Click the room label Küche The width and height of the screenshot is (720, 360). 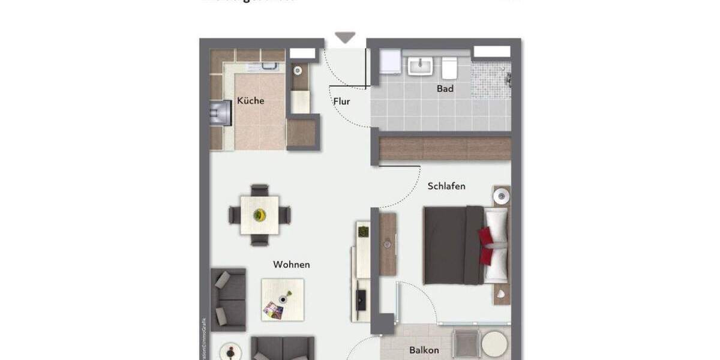250,101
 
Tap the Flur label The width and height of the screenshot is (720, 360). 341,102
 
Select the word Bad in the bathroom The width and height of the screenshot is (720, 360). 445,89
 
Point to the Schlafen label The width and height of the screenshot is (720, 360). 446,186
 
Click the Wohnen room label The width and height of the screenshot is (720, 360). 291,264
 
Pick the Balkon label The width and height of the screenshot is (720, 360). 424,350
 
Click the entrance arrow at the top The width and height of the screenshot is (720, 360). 345,38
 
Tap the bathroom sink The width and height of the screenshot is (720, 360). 421,65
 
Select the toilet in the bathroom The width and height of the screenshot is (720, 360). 450,68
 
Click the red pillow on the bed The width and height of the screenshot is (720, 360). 487,246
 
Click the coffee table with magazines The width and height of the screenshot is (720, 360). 282,299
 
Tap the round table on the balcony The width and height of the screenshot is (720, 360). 494,344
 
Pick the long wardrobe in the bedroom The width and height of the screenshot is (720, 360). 445,148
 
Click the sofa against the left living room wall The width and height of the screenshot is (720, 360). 228,299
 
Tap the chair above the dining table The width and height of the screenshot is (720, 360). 260,190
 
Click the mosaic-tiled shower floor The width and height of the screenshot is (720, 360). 490,80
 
